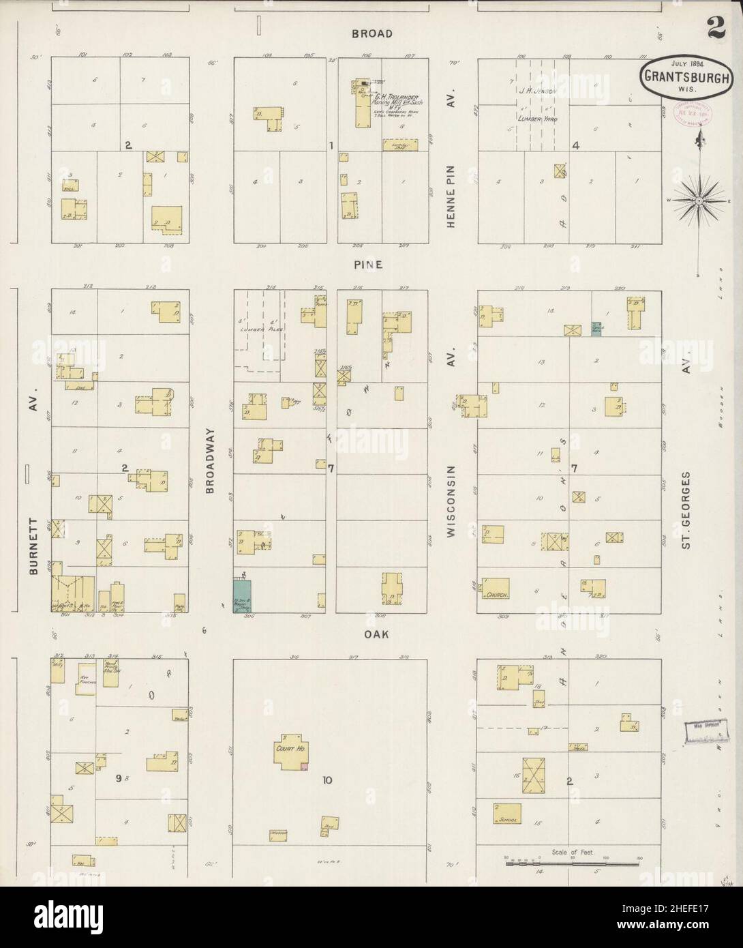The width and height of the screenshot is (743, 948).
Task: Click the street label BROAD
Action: coord(372,33)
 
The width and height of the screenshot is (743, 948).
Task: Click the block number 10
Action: coord(327,782)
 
